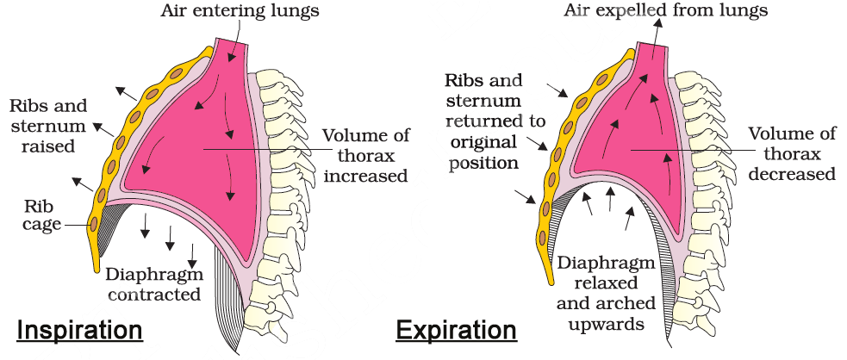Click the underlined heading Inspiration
click(x=79, y=331)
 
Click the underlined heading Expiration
click(x=456, y=331)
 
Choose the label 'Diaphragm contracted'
click(x=154, y=284)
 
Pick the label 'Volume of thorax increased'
click(x=362, y=156)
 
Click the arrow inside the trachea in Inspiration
click(x=231, y=56)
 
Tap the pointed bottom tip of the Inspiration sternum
click(x=93, y=267)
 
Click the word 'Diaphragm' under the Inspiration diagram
click(x=154, y=275)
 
